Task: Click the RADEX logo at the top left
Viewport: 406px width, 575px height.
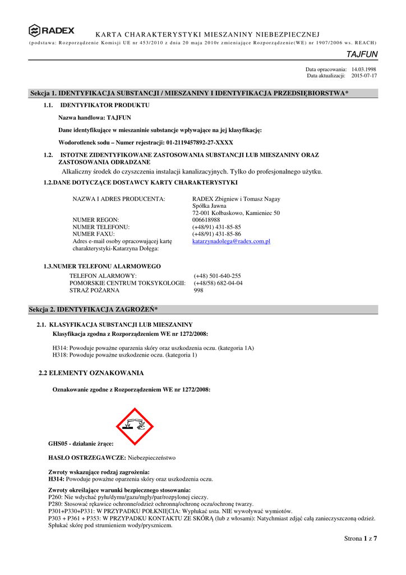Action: (x=52, y=30)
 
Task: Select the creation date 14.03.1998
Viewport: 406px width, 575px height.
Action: (x=363, y=69)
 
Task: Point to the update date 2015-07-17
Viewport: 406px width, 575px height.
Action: (x=364, y=75)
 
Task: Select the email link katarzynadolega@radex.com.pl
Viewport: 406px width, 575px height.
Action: (x=231, y=241)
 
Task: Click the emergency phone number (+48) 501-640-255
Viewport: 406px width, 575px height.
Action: (x=217, y=276)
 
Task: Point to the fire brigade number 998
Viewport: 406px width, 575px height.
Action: (x=199, y=290)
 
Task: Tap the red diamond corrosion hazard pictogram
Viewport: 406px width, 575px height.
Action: (x=135, y=426)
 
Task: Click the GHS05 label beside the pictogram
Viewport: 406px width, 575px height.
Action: (x=81, y=444)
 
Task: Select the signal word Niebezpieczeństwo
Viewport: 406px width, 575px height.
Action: (x=151, y=458)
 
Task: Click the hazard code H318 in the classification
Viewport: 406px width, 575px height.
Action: (x=59, y=355)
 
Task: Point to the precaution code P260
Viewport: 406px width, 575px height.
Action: (x=56, y=497)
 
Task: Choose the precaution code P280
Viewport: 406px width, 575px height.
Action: (x=56, y=504)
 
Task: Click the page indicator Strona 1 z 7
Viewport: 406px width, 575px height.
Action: (x=360, y=539)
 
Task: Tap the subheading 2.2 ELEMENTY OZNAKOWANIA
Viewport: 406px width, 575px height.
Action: (x=91, y=373)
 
